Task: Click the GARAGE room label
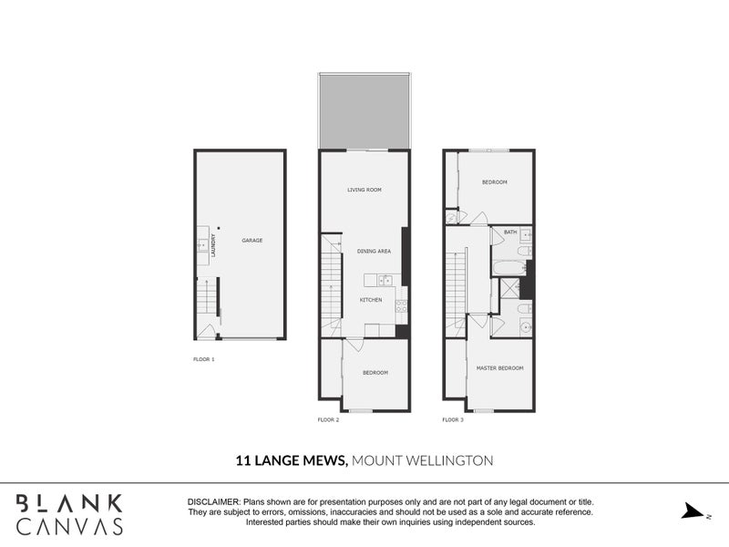click(x=252, y=241)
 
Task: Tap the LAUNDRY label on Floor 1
click(x=213, y=245)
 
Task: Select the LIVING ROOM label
click(x=364, y=190)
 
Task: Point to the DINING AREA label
click(x=374, y=252)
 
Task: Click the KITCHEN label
click(x=371, y=300)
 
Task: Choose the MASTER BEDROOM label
click(x=499, y=368)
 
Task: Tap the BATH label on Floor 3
click(x=510, y=232)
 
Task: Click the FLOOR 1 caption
click(x=203, y=359)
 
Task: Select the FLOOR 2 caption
click(x=328, y=419)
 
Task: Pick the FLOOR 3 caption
click(x=453, y=419)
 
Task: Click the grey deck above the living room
click(x=364, y=110)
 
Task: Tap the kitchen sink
click(x=385, y=280)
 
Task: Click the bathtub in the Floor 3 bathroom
click(x=509, y=268)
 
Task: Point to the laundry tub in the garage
click(x=202, y=244)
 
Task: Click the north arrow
click(x=693, y=511)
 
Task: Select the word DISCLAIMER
click(x=214, y=502)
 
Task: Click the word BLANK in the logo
click(x=69, y=503)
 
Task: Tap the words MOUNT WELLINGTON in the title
click(x=422, y=460)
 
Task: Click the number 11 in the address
click(x=242, y=460)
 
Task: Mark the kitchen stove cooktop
click(x=401, y=306)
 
